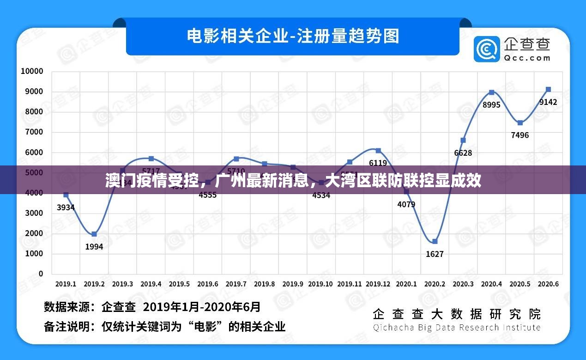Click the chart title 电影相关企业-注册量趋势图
pos(293,36)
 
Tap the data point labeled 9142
pos(548,89)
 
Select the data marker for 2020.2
pos(435,241)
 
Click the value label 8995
pos(491,105)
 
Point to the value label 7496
pos(520,135)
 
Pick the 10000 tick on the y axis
pos(32,71)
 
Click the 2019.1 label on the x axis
pos(66,284)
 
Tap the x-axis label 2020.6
pos(548,284)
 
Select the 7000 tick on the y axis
pos(34,132)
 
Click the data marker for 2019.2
pos(94,234)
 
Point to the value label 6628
pos(463,153)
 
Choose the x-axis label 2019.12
pos(378,284)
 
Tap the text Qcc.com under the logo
pos(527,58)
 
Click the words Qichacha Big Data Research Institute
pos(457,328)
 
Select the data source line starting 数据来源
pos(152,307)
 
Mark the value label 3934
pos(66,207)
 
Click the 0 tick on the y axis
pos(41,274)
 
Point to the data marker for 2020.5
pos(520,122)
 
